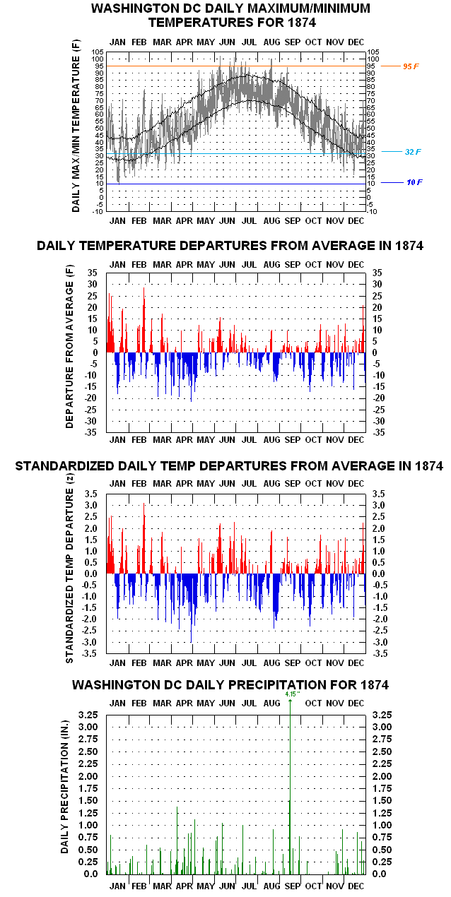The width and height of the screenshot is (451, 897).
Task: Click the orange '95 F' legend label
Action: (411, 66)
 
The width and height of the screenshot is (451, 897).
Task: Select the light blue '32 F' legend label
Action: (413, 152)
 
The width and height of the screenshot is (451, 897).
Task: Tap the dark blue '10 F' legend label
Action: (414, 182)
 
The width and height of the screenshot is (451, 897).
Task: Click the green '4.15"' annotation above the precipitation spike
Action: (293, 694)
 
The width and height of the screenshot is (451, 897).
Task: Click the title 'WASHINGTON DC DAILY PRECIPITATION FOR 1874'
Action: (230, 684)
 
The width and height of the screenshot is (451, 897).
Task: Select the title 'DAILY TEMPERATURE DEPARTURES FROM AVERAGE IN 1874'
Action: (230, 246)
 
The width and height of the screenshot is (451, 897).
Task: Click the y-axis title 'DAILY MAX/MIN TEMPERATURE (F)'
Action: (76, 126)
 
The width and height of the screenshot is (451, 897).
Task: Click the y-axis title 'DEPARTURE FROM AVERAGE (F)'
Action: (69, 346)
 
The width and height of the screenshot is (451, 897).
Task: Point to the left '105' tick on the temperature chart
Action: (98, 52)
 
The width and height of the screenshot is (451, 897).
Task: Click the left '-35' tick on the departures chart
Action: (90, 432)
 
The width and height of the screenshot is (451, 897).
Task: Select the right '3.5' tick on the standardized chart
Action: (378, 494)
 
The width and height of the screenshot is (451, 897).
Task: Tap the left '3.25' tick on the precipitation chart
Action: (88, 715)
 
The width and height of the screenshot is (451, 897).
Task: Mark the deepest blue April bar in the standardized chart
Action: (192, 608)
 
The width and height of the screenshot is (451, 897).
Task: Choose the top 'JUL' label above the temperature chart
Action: (249, 42)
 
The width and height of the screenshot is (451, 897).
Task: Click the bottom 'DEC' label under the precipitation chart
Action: (356, 886)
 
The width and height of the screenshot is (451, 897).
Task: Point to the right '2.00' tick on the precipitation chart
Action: (382, 776)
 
